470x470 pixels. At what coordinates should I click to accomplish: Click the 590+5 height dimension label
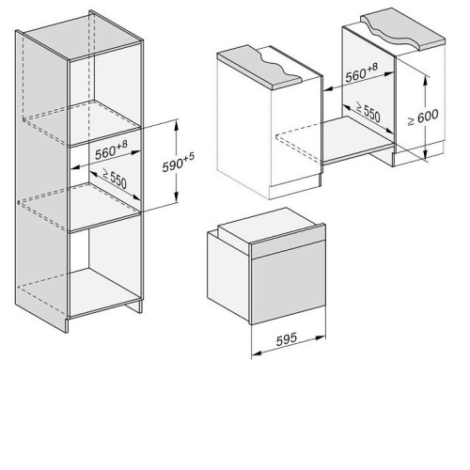tap(179, 163)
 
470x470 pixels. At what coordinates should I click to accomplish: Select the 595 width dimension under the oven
tap(287, 339)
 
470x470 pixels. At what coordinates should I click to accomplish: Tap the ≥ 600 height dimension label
tap(423, 117)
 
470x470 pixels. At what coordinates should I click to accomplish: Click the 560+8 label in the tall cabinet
tap(111, 150)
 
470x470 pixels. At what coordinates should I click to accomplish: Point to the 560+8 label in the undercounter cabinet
tap(362, 72)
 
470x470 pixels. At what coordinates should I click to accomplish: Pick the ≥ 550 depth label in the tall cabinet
tap(114, 179)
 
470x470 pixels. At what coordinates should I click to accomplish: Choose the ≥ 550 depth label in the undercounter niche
tap(368, 112)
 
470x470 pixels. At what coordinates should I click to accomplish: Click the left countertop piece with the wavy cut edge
tap(260, 67)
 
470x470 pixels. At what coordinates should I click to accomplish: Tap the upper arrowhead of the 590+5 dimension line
tap(177, 126)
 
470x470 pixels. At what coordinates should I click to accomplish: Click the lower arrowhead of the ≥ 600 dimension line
tap(425, 154)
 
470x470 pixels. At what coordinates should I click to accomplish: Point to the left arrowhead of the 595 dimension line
tap(257, 353)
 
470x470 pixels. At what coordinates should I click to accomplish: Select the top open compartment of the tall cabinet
tap(105, 94)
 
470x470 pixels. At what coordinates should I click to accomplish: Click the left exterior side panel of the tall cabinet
tap(41, 181)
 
